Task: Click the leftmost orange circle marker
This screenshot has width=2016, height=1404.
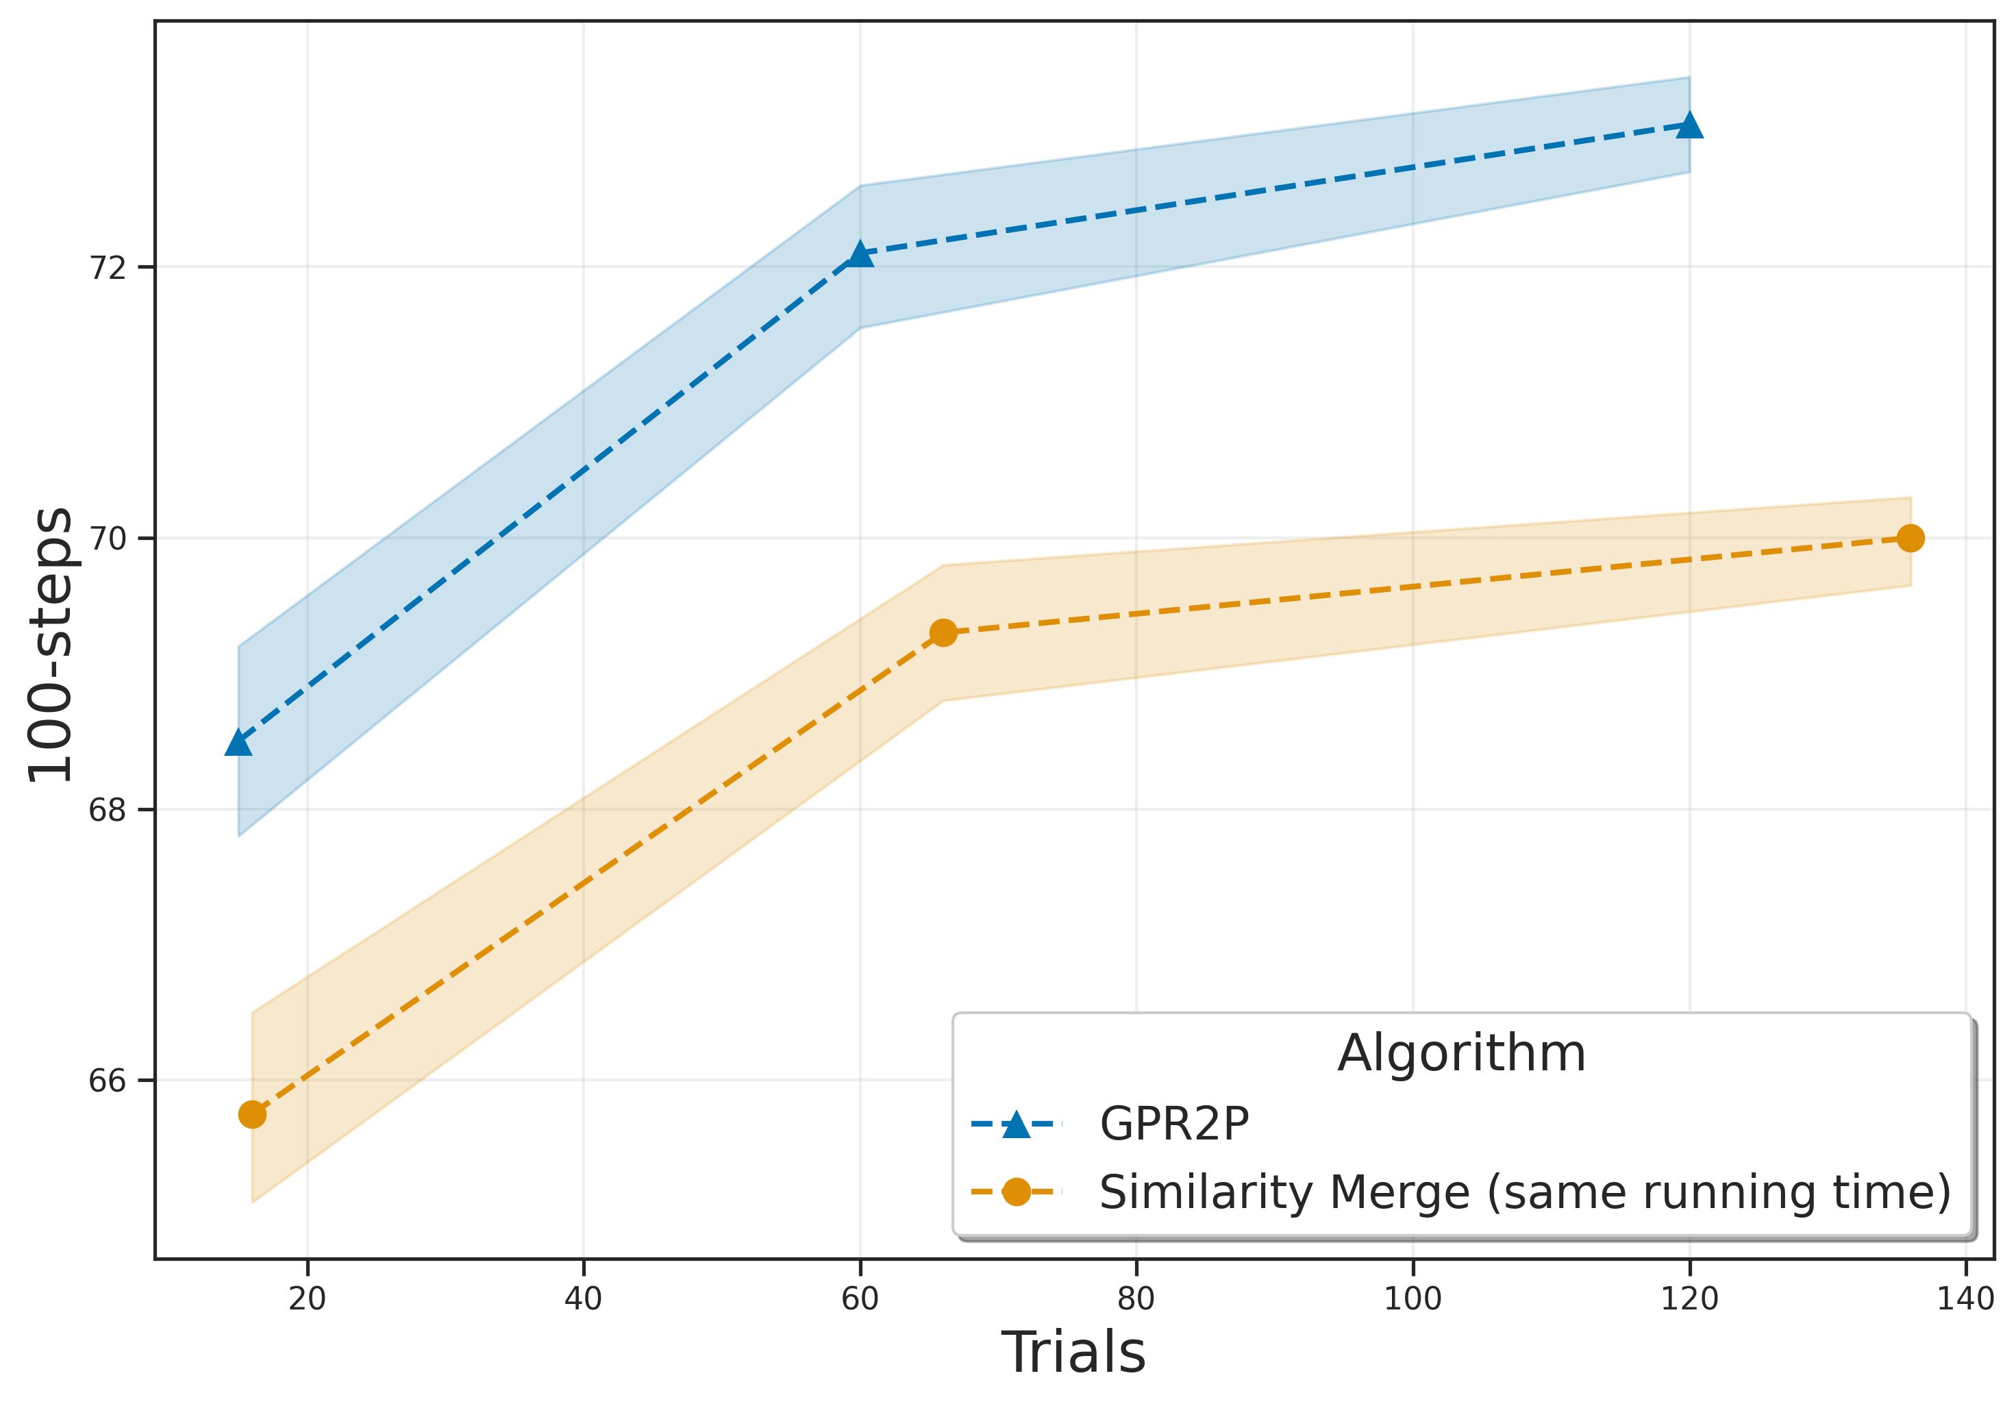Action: [x=252, y=1114]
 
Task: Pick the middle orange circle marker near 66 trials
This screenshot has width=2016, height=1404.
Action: [x=943, y=632]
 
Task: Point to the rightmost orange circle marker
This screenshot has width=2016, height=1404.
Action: [x=1911, y=539]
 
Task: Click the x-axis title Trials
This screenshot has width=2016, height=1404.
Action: [x=1073, y=1353]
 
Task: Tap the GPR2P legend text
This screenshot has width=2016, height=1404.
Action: [x=1174, y=1124]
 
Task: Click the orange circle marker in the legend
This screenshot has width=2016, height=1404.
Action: [x=1016, y=1192]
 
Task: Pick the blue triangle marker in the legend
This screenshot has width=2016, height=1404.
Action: [x=1016, y=1124]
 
